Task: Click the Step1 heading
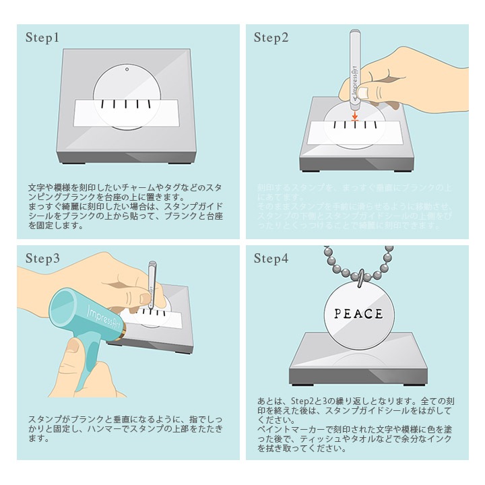42,38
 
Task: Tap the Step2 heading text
271,38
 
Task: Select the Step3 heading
42,259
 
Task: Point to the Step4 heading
271,259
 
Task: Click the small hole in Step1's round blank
125,69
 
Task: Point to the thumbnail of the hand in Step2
364,90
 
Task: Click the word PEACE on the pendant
358,313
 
